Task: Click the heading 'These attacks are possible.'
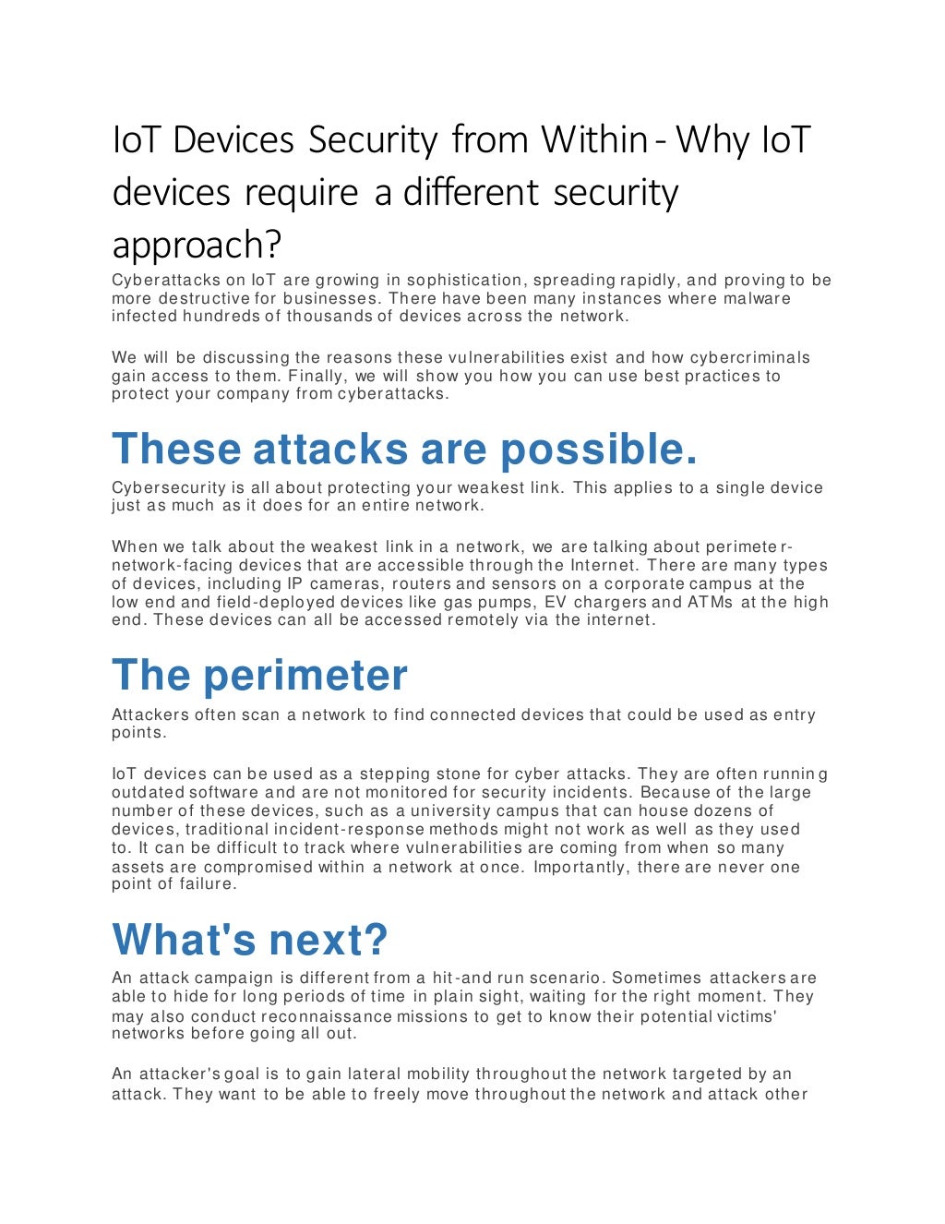(404, 450)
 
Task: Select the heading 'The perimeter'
(259, 676)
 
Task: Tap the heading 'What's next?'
(250, 940)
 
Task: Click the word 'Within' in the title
(594, 140)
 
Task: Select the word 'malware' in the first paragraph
(757, 298)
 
